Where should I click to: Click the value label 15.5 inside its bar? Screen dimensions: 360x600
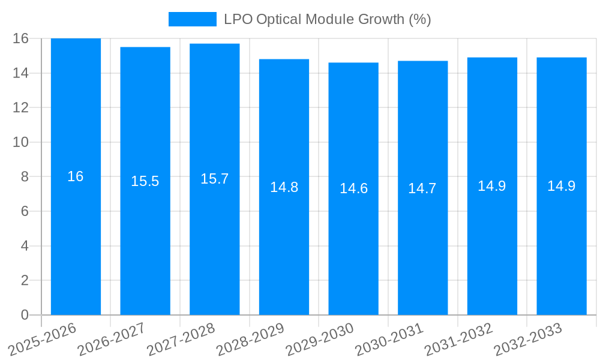[x=145, y=181]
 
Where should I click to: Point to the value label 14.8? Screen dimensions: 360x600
[x=284, y=187]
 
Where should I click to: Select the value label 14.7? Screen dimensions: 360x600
[x=422, y=188]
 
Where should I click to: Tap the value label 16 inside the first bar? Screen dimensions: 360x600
[x=76, y=176]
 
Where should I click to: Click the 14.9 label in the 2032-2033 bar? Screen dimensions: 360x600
[x=561, y=186]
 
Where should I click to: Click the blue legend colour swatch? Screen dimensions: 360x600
[x=192, y=19]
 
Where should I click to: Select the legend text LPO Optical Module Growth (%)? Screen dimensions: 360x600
[x=328, y=19]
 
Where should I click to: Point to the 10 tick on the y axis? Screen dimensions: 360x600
[x=21, y=142]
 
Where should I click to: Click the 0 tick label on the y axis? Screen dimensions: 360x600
[x=25, y=315]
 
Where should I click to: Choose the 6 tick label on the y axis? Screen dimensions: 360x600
[x=25, y=211]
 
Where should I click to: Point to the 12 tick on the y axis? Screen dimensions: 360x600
[x=21, y=107]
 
